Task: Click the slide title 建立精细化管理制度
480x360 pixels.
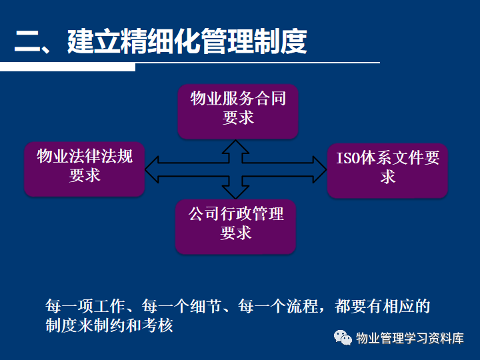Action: click(x=187, y=41)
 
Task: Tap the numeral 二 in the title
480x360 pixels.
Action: click(x=27, y=41)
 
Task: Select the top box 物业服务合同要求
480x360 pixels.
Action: click(x=238, y=111)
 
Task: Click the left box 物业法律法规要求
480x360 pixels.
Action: click(x=85, y=169)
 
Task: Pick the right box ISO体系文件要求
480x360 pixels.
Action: click(x=387, y=171)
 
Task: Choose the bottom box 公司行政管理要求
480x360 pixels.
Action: click(x=235, y=227)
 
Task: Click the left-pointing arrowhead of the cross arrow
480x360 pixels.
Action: click(x=151, y=169)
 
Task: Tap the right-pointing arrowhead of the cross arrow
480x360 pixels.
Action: click(x=319, y=169)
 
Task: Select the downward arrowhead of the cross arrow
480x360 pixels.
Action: click(x=235, y=192)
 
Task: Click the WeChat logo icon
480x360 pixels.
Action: click(x=343, y=337)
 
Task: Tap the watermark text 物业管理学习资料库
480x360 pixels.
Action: click(x=410, y=338)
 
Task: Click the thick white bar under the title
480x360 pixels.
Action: click(x=67, y=67)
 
